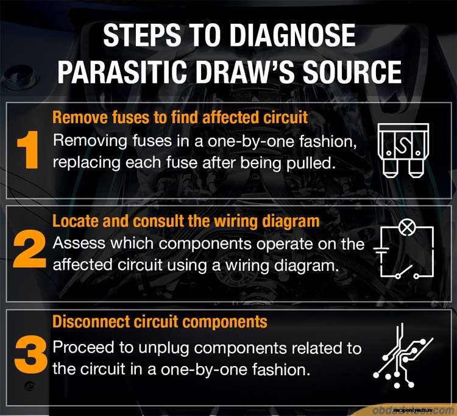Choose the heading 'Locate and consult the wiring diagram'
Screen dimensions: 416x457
186,220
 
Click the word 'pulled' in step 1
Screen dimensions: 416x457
301,162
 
